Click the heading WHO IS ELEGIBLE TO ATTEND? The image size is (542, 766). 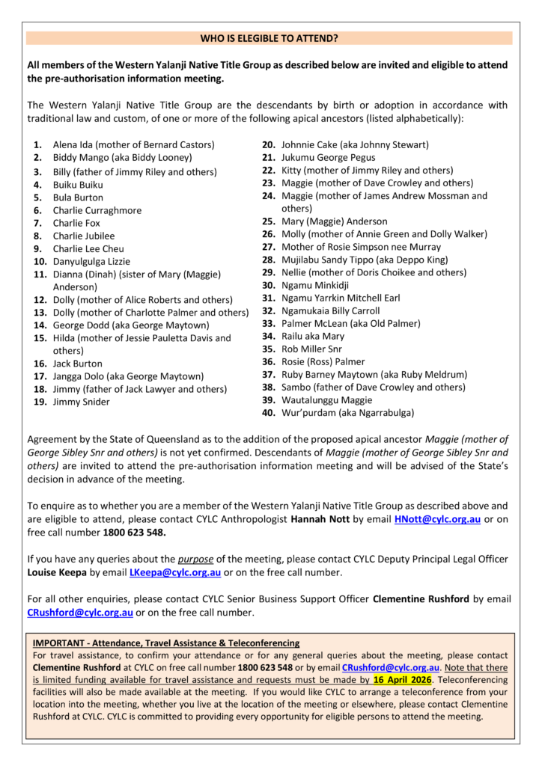click(270, 37)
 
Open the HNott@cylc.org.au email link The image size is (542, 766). click(437, 519)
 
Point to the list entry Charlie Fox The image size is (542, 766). click(76, 223)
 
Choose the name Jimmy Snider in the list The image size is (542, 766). click(81, 402)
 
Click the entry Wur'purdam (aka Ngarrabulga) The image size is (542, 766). click(347, 412)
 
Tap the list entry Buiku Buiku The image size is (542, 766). click(78, 185)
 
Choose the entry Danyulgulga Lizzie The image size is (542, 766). click(91, 262)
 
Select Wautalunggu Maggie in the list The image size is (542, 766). click(326, 399)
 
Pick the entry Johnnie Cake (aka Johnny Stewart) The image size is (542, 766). click(355, 144)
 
